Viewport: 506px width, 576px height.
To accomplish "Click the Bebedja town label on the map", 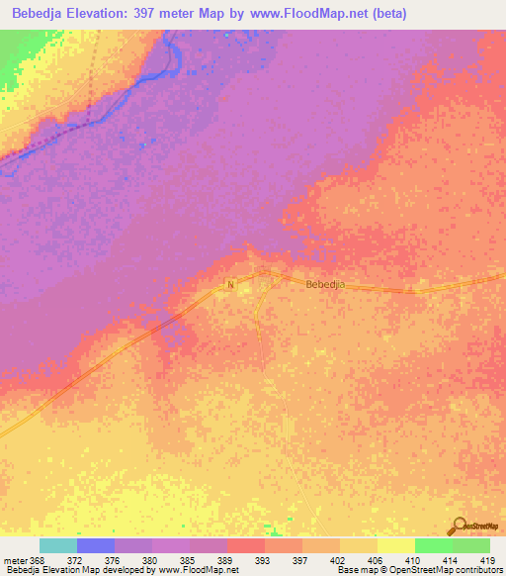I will [325, 284].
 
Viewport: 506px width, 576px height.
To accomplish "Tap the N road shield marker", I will [230, 285].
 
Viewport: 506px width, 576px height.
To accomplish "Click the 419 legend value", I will [488, 559].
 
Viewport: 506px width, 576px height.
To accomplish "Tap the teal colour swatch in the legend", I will [57, 545].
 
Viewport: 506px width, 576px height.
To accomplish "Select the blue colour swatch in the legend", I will [95, 545].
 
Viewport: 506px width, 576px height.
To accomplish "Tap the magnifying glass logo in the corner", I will [459, 527].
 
